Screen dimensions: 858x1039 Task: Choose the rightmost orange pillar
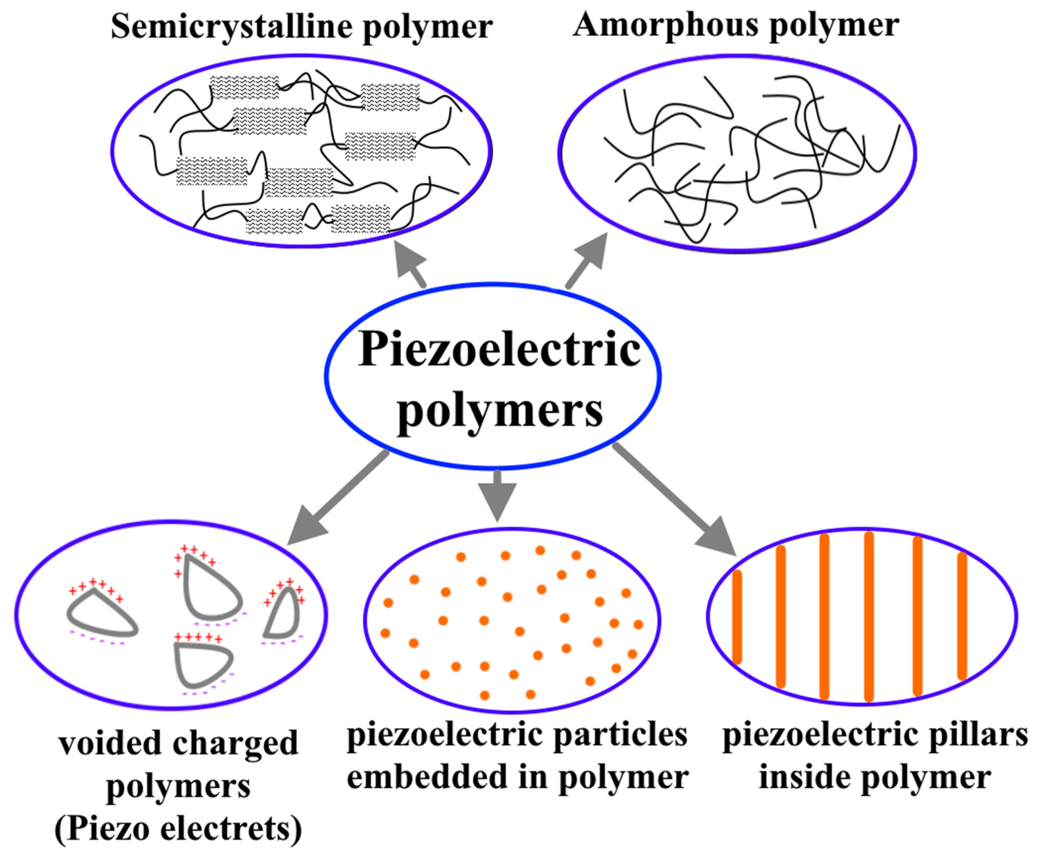tap(962, 616)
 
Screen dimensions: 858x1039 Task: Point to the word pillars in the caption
tap(971, 735)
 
